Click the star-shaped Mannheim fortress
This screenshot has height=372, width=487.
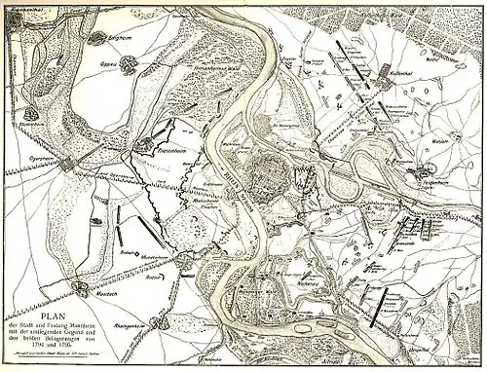click(x=272, y=178)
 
